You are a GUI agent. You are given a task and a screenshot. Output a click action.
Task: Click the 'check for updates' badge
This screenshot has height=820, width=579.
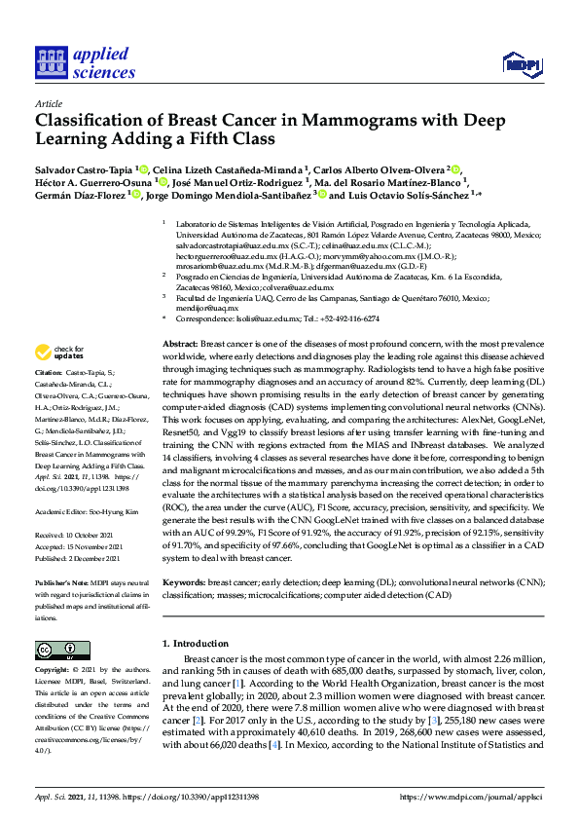click(58, 353)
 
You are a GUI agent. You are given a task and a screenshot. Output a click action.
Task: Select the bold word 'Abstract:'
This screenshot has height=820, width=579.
click(179, 346)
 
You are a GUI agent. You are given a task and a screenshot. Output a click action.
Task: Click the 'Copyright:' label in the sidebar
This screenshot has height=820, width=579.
click(52, 671)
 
